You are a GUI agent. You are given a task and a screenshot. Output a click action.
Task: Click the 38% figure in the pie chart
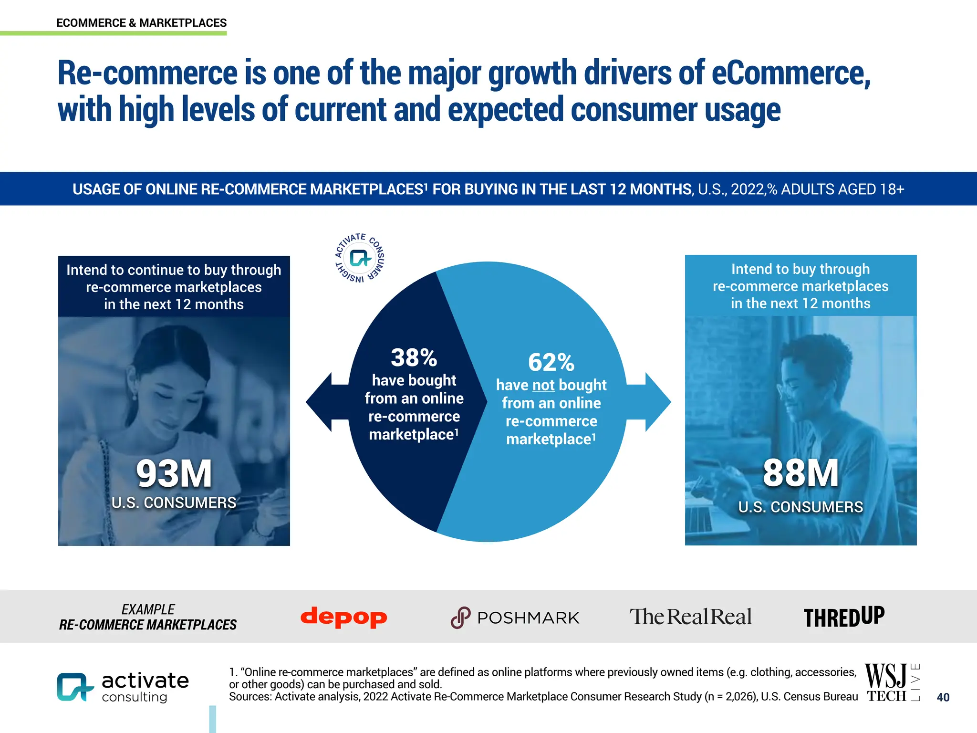pyautogui.click(x=414, y=357)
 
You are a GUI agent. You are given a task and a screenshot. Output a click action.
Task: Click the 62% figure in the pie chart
pyautogui.click(x=551, y=362)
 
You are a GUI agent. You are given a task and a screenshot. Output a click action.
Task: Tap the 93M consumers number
pyautogui.click(x=174, y=474)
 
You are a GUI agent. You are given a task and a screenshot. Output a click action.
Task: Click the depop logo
pyautogui.click(x=343, y=617)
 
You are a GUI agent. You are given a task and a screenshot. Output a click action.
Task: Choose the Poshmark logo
pyautogui.click(x=515, y=618)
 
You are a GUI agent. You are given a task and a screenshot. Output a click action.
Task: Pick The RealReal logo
pyautogui.click(x=690, y=617)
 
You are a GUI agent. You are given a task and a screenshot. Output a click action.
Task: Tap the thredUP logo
pyautogui.click(x=844, y=617)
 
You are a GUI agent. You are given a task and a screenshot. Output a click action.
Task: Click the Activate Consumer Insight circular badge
pyautogui.click(x=360, y=258)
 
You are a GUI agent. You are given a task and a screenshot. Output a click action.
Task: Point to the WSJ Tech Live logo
pyautogui.click(x=892, y=682)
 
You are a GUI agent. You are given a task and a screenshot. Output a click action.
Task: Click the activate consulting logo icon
pyautogui.click(x=74, y=687)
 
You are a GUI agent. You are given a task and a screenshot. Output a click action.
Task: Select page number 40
pyautogui.click(x=943, y=697)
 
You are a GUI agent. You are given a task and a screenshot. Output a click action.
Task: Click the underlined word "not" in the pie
pyautogui.click(x=543, y=385)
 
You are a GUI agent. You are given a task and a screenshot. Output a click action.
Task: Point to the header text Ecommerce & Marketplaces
pyautogui.click(x=141, y=23)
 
